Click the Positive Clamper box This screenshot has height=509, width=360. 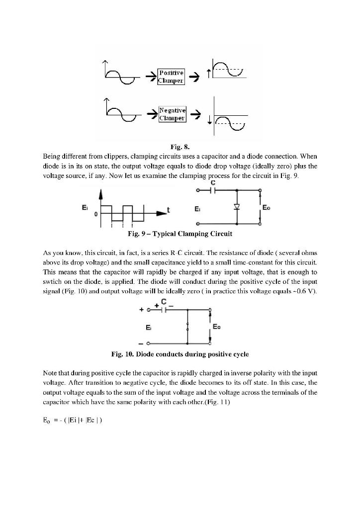(x=171, y=77)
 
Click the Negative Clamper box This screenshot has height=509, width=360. (x=172, y=114)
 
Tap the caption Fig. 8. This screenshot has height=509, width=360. (x=180, y=147)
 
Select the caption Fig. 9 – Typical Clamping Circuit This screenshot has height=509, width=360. (x=180, y=233)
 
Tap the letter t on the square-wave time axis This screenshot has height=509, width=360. (x=169, y=210)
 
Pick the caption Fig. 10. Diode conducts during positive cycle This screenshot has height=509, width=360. (x=180, y=354)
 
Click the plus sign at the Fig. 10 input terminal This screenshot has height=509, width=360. (x=141, y=309)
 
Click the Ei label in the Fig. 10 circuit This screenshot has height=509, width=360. (x=149, y=328)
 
